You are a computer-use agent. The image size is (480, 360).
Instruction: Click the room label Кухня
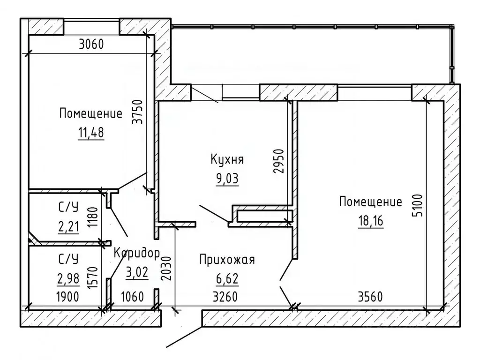point(227,159)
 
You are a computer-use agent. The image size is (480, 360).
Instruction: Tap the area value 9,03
point(227,179)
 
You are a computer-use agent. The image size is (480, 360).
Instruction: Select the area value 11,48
point(91,133)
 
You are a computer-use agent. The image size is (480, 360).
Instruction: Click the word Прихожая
point(227,260)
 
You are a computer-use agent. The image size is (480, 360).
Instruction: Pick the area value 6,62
point(227,278)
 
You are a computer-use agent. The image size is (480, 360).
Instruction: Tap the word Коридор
point(137,254)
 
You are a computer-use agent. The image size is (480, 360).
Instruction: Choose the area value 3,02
point(137,272)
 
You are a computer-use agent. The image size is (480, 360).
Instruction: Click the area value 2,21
point(68,227)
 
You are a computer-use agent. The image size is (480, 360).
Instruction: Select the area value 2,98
point(68,278)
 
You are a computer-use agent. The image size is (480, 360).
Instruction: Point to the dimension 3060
point(91,45)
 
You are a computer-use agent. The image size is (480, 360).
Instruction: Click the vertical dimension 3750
point(138,112)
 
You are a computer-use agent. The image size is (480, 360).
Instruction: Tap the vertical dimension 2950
point(279,161)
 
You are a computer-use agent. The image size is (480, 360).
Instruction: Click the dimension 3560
point(370,297)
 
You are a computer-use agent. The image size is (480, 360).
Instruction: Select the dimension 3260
point(225,297)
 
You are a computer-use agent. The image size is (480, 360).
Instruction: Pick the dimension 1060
point(133,297)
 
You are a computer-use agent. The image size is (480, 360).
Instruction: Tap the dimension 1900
point(67,297)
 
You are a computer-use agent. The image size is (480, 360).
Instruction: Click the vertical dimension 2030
point(166,269)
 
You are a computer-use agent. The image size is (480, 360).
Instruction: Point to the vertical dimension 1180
point(92,217)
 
